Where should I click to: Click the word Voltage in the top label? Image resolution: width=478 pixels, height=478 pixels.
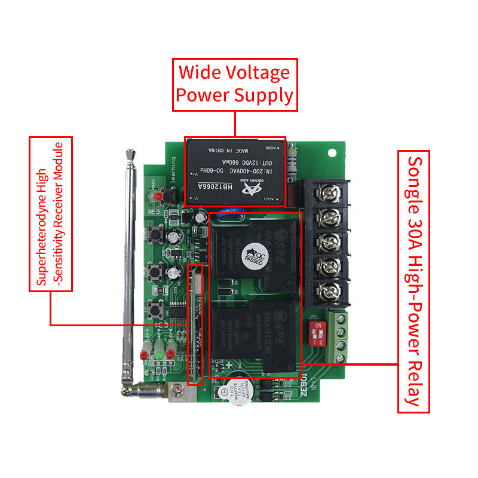point(259,73)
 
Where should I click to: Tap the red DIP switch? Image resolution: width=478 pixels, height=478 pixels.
point(316,330)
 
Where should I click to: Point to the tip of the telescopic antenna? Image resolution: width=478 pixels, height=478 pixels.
point(130,155)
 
